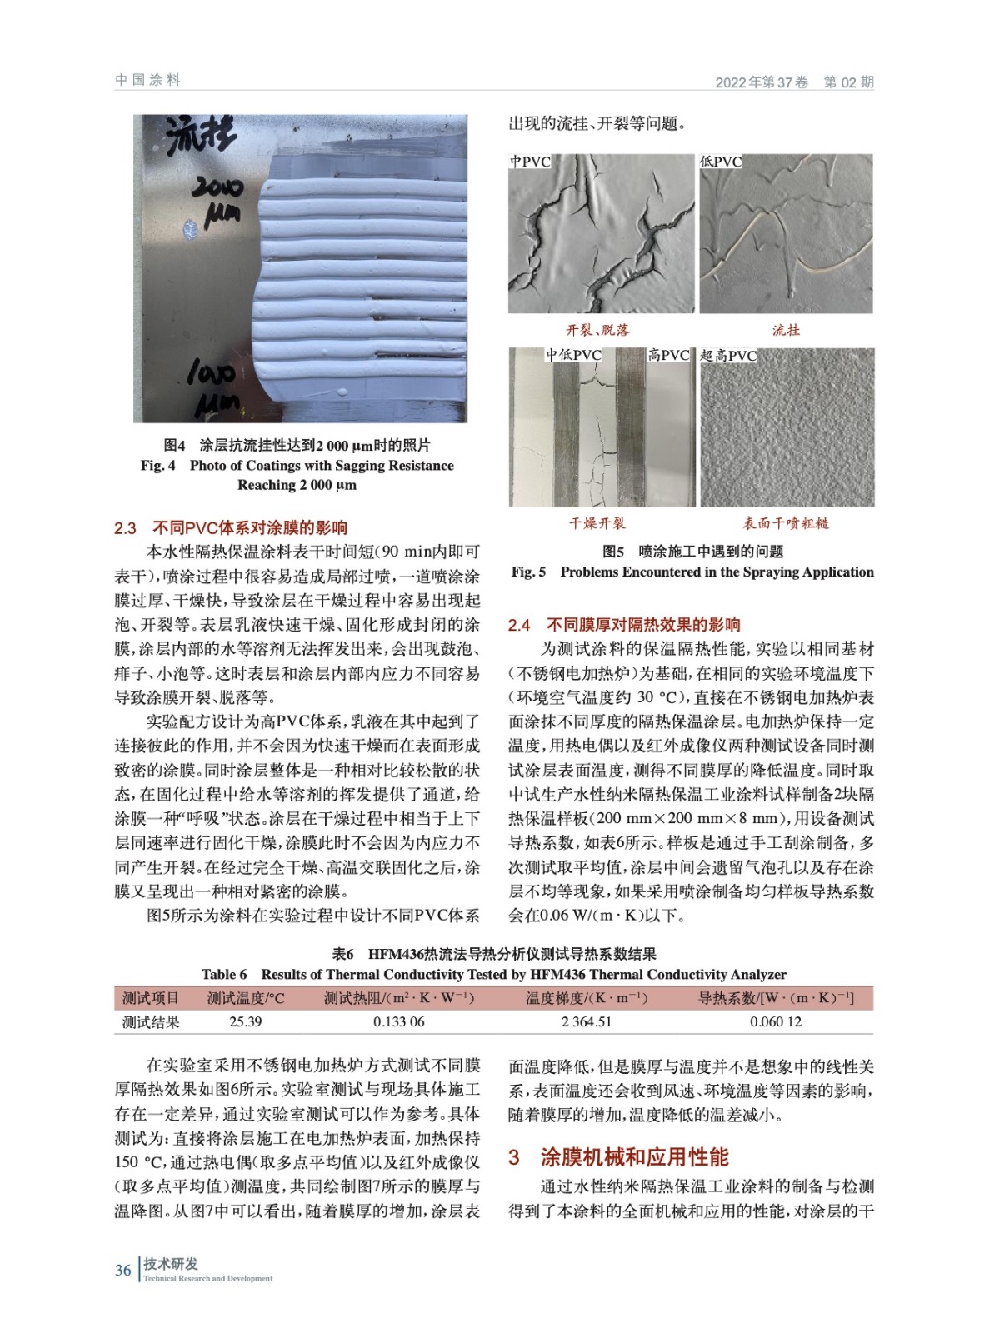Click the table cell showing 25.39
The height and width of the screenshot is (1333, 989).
tap(245, 1021)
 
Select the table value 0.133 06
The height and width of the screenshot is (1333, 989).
tap(398, 1021)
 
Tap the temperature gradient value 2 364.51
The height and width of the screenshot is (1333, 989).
tap(586, 1021)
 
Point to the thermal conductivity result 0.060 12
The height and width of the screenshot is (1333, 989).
tap(775, 1021)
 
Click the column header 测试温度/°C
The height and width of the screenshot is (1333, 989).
tap(246, 998)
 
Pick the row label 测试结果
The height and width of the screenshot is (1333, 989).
tap(151, 1021)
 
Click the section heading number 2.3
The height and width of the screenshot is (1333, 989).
tap(125, 528)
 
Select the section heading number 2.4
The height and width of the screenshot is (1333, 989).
tap(519, 625)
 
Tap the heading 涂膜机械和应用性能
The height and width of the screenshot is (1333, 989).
tap(634, 1157)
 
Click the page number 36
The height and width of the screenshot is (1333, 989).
tap(123, 1270)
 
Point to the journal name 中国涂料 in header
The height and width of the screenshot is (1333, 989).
tap(148, 80)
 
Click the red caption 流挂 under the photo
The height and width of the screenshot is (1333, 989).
tap(786, 330)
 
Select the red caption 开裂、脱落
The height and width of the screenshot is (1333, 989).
tap(597, 330)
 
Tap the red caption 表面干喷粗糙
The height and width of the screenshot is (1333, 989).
tap(786, 523)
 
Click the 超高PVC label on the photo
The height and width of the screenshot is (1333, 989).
tap(728, 356)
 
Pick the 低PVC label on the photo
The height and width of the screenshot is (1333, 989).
tap(721, 162)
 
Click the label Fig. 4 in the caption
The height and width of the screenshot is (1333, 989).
tap(157, 466)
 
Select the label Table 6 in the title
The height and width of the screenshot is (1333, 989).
tap(224, 975)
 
